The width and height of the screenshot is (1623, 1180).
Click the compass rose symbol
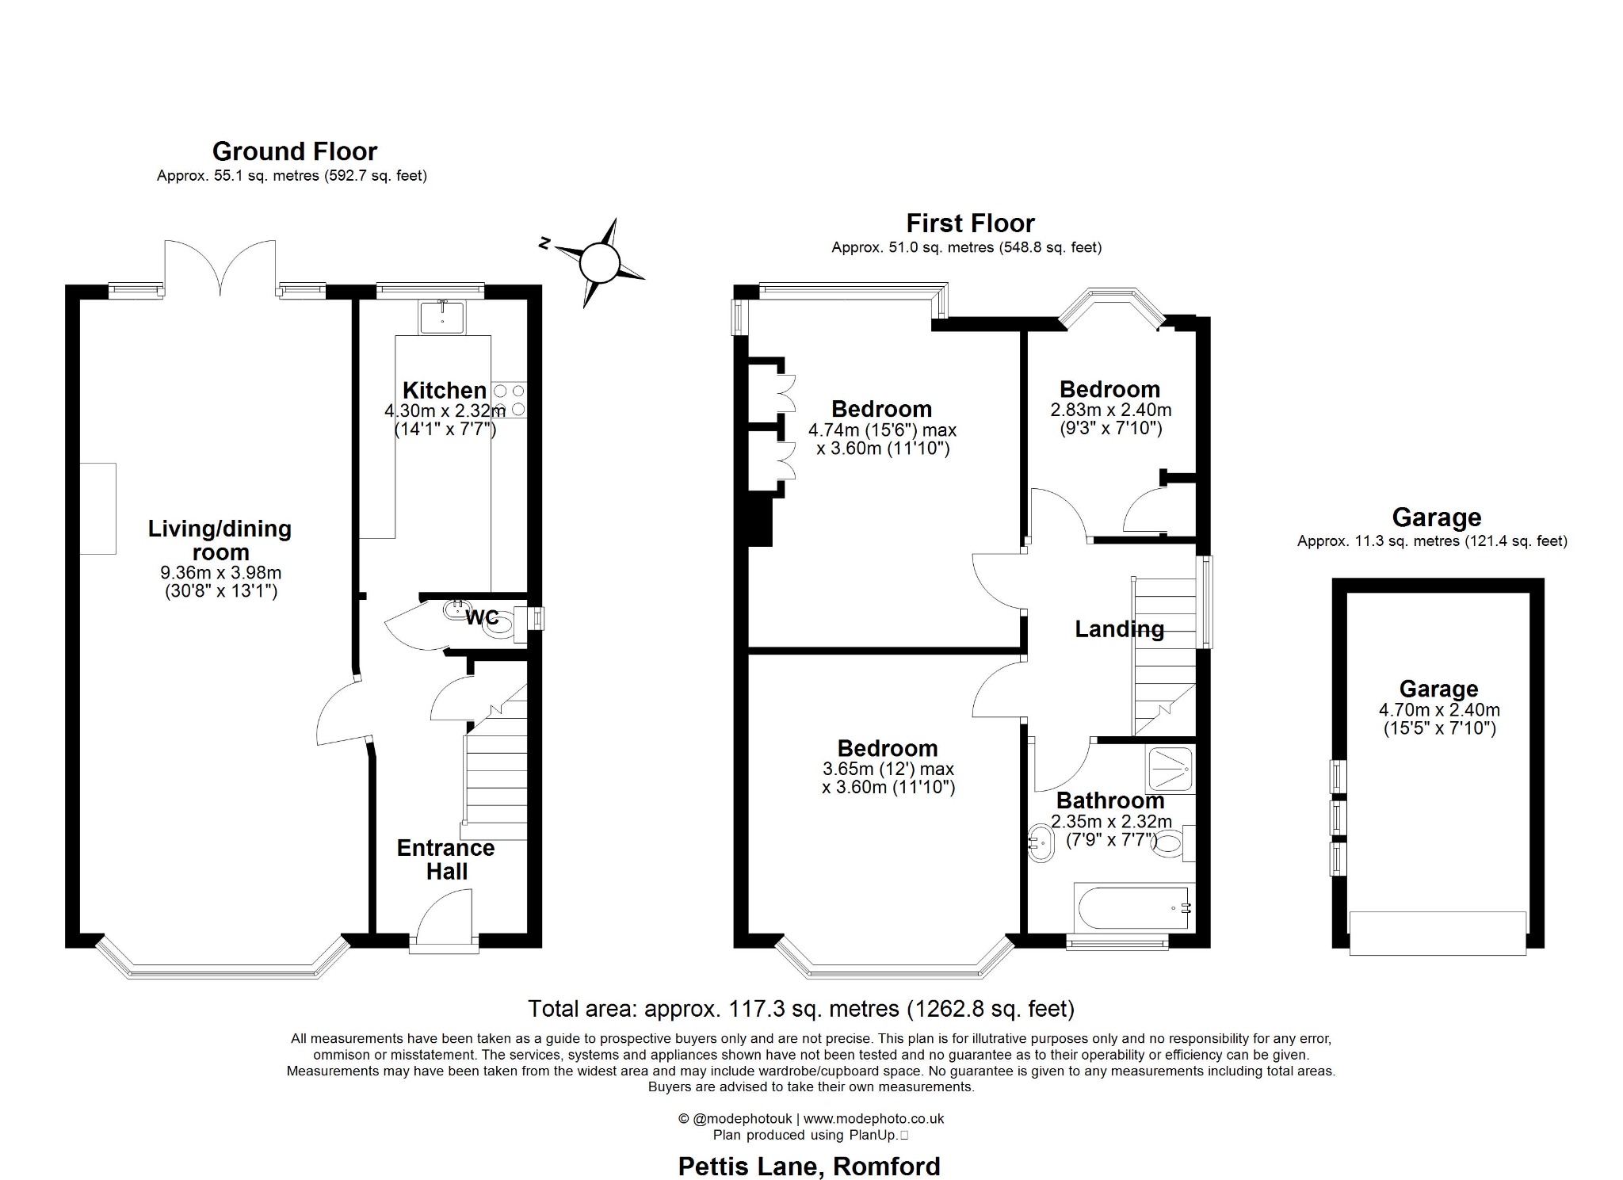(599, 262)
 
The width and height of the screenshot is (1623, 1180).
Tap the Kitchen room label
(444, 390)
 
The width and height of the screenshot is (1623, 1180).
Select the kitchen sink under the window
(443, 318)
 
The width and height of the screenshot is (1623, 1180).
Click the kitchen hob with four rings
(509, 400)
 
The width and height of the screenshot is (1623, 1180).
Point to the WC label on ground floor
(481, 617)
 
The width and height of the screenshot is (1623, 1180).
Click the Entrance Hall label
(445, 859)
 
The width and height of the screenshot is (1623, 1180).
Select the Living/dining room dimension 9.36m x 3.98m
(220, 572)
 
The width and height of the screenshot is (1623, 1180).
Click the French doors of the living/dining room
(220, 265)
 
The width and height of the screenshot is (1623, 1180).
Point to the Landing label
(1119, 629)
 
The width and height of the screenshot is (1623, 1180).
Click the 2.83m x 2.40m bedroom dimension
(1110, 411)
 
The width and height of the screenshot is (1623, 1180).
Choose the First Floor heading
(970, 223)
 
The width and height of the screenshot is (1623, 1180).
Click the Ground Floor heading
(294, 151)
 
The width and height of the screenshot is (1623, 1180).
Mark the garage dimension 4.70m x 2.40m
(1438, 710)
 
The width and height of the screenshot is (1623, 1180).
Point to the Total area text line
(800, 1009)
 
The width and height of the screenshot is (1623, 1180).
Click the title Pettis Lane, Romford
(808, 1166)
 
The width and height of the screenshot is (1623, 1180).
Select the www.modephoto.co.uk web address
(873, 1119)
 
